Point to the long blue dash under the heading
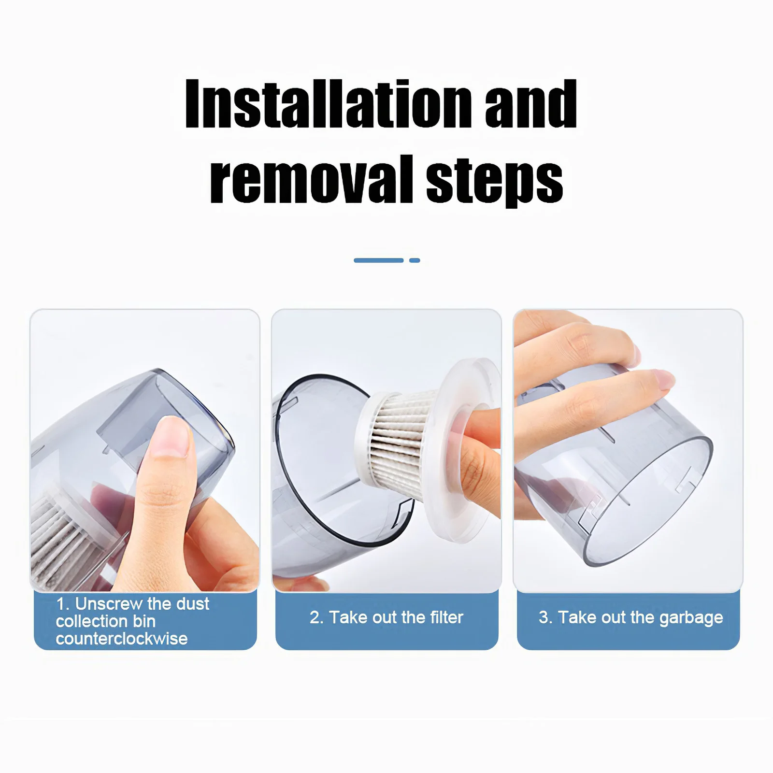[378, 260]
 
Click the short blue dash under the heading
[415, 260]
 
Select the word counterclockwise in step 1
[122, 639]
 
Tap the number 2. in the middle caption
[316, 617]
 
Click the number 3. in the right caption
[545, 617]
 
